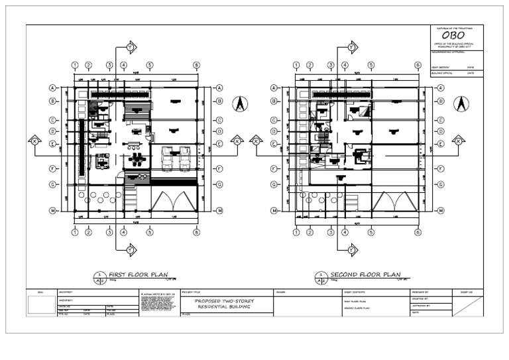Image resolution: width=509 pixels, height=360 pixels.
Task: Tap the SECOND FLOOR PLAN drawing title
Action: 365,273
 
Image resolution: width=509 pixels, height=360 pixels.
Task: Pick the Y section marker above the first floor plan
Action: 131,48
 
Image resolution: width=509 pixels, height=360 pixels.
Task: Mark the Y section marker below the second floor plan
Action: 352,249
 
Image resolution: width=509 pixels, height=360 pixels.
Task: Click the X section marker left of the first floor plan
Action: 34,141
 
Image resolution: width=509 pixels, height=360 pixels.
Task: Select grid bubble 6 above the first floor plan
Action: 197,65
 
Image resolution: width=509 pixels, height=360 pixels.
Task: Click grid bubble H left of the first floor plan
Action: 52,211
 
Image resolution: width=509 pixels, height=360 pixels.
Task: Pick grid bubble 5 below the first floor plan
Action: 150,232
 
